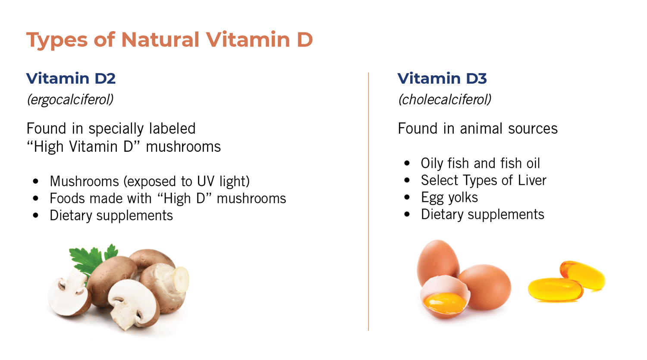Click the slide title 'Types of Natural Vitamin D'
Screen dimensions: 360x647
[169, 40]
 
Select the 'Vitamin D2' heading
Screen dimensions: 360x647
[71, 78]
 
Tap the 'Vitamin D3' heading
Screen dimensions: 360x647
[442, 78]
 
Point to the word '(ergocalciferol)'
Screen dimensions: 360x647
[70, 100]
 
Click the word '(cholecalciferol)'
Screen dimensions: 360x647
[445, 100]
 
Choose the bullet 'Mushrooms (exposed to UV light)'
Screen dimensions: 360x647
[150, 181]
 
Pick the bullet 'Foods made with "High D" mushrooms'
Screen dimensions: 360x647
[168, 198]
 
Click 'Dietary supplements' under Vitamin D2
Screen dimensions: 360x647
[111, 215]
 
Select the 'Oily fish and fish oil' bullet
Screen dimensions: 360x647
[480, 163]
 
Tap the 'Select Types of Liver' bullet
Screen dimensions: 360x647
[484, 180]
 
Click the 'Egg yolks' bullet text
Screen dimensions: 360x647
[449, 197]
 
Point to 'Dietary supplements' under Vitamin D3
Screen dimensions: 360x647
[482, 214]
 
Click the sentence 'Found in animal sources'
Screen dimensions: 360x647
[477, 128]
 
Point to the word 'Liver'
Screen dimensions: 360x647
[532, 180]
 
